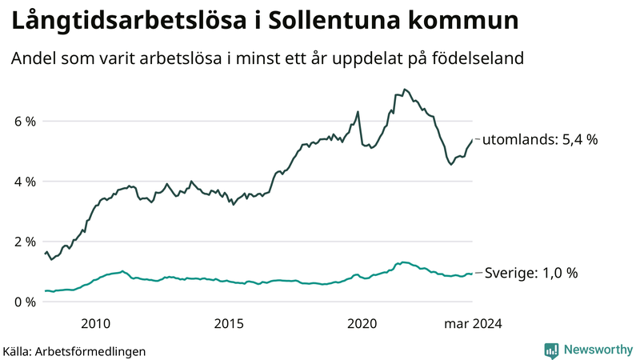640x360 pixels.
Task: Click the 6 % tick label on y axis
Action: pos(24,122)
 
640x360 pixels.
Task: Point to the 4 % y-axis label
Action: pos(24,182)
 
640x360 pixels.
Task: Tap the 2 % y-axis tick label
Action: pos(24,242)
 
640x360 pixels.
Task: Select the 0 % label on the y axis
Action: pos(24,302)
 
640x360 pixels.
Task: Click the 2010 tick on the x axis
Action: pos(95,323)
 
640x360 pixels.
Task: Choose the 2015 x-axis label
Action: pos(229,323)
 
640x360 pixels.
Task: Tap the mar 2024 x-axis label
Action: pos(474,323)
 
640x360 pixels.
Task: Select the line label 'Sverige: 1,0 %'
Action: pos(532,273)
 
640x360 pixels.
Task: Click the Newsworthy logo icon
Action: pos(551,350)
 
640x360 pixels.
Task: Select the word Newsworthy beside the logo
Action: pos(598,350)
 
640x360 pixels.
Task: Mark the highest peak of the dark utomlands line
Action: pos(405,89)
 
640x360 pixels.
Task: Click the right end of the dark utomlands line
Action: pos(471,140)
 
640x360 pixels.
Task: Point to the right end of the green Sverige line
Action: pos(471,274)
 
